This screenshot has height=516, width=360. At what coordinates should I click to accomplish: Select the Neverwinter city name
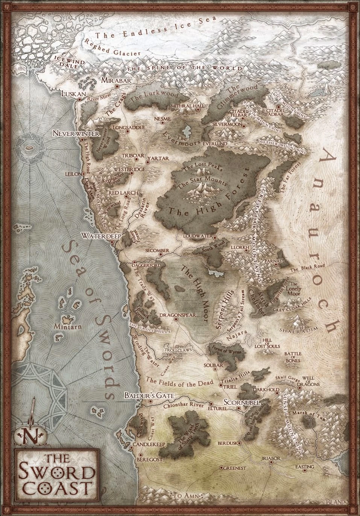[76, 134]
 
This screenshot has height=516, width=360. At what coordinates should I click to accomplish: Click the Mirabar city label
[115, 80]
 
